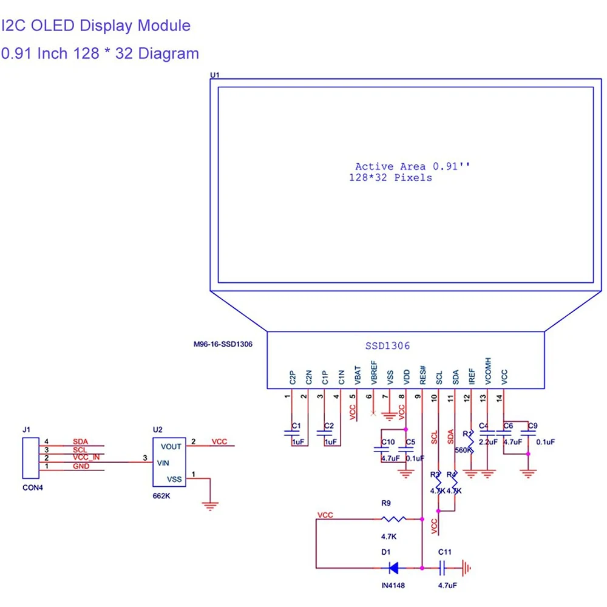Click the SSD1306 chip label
pos(387,346)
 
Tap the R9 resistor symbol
pos(393,519)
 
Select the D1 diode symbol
pos(393,568)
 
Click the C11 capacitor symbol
pos(443,568)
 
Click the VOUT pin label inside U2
pos(171,446)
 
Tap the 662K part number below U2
pos(161,496)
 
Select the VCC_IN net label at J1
pos(86,457)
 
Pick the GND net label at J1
pos(81,466)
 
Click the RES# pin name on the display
pos(423,374)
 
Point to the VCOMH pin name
pos(489,370)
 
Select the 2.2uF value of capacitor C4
pos(488,442)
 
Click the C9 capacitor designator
pos(532,426)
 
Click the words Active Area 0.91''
pos(412,166)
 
